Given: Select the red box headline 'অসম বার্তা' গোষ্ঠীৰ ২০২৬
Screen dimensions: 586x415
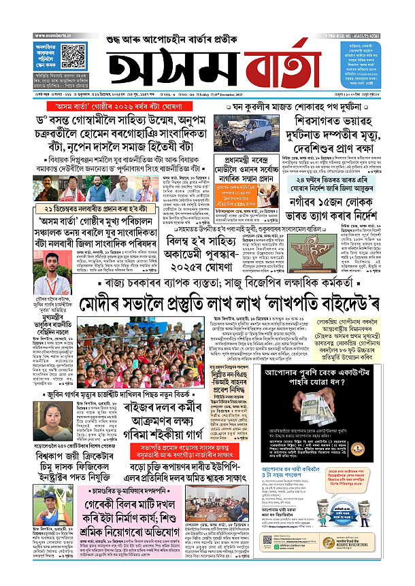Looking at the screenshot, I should click(116, 107).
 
